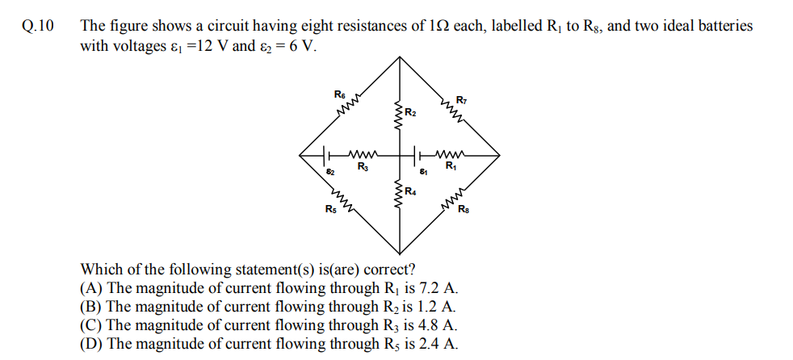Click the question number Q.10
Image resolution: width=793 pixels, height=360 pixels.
click(38, 27)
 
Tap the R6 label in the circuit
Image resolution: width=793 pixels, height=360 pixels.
click(340, 94)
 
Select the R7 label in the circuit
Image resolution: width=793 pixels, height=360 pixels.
click(461, 100)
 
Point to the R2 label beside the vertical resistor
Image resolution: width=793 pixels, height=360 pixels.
click(411, 112)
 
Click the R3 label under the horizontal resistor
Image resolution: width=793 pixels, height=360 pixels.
click(363, 165)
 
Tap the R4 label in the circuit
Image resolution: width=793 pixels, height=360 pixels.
click(411, 191)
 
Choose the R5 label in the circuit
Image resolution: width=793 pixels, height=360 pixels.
click(331, 209)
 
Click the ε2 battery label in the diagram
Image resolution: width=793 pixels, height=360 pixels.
click(330, 172)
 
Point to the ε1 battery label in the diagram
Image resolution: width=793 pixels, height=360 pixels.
click(423, 172)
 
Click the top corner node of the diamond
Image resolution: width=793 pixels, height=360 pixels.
click(400, 57)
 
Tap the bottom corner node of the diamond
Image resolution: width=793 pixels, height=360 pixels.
click(400, 253)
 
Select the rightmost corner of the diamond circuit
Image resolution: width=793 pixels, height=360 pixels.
click(500, 155)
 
